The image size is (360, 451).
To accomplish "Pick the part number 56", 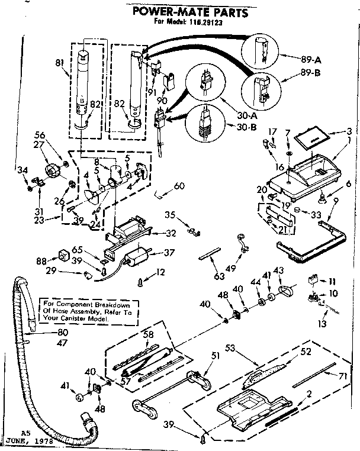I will point(40,134).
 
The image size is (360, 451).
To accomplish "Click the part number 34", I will point(23,172).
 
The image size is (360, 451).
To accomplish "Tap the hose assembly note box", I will point(74,310).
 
